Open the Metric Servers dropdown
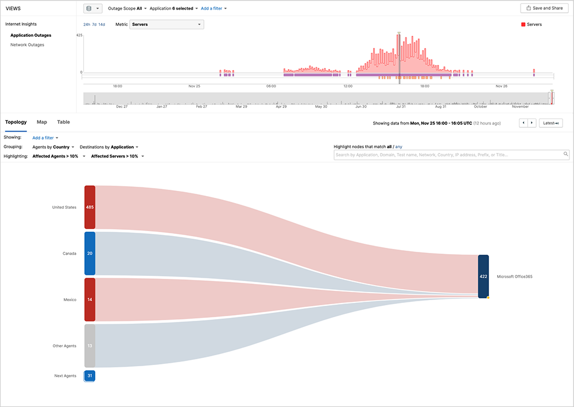point(167,25)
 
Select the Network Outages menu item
point(27,45)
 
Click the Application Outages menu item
point(30,36)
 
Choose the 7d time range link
point(94,25)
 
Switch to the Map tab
point(42,122)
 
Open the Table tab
point(63,122)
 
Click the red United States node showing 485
point(90,207)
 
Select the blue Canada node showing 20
point(90,254)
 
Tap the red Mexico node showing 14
point(90,300)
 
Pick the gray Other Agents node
point(90,345)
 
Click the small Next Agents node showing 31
point(90,376)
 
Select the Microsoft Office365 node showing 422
point(483,277)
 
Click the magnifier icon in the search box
point(565,155)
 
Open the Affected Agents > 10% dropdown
point(59,156)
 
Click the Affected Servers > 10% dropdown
point(117,156)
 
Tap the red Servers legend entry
point(531,25)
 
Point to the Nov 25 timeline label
point(194,86)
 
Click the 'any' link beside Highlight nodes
point(399,147)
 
